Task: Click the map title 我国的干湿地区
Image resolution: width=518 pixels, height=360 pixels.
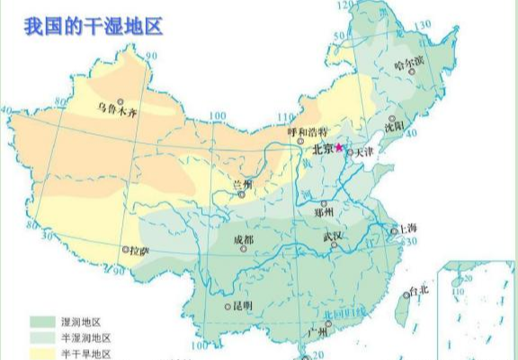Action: [94, 24]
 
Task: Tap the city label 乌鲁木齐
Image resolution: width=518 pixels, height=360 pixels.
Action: [119, 111]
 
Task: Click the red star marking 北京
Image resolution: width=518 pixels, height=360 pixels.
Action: [339, 148]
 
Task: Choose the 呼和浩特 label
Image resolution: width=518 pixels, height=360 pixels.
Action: [304, 131]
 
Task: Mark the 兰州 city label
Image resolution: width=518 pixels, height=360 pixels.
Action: [242, 183]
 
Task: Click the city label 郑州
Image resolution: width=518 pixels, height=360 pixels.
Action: [324, 212]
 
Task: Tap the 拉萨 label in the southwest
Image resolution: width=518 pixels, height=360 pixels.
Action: [139, 250]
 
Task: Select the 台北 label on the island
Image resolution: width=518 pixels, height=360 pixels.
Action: [417, 291]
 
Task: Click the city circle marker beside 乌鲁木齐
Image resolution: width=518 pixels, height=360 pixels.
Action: [120, 101]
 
